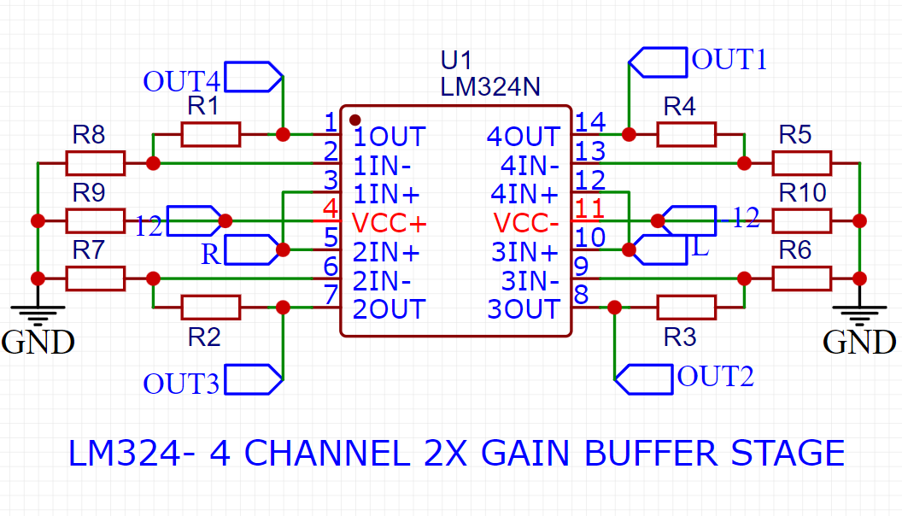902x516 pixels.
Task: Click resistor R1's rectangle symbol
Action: tap(210, 134)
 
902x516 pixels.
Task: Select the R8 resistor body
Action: tap(96, 162)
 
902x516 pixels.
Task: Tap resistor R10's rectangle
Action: tap(801, 220)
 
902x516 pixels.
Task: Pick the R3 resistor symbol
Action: tap(686, 307)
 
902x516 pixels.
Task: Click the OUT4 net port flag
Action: tap(253, 77)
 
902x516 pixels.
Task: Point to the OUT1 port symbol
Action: tap(658, 62)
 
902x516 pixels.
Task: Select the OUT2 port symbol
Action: tap(644, 378)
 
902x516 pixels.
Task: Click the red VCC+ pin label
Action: tap(389, 223)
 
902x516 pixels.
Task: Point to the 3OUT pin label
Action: tap(523, 308)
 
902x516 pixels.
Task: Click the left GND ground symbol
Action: tap(38, 313)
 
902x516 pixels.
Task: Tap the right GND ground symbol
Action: tap(858, 313)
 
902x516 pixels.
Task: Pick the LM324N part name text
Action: tap(490, 86)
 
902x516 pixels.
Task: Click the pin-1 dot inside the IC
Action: tap(355, 120)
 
